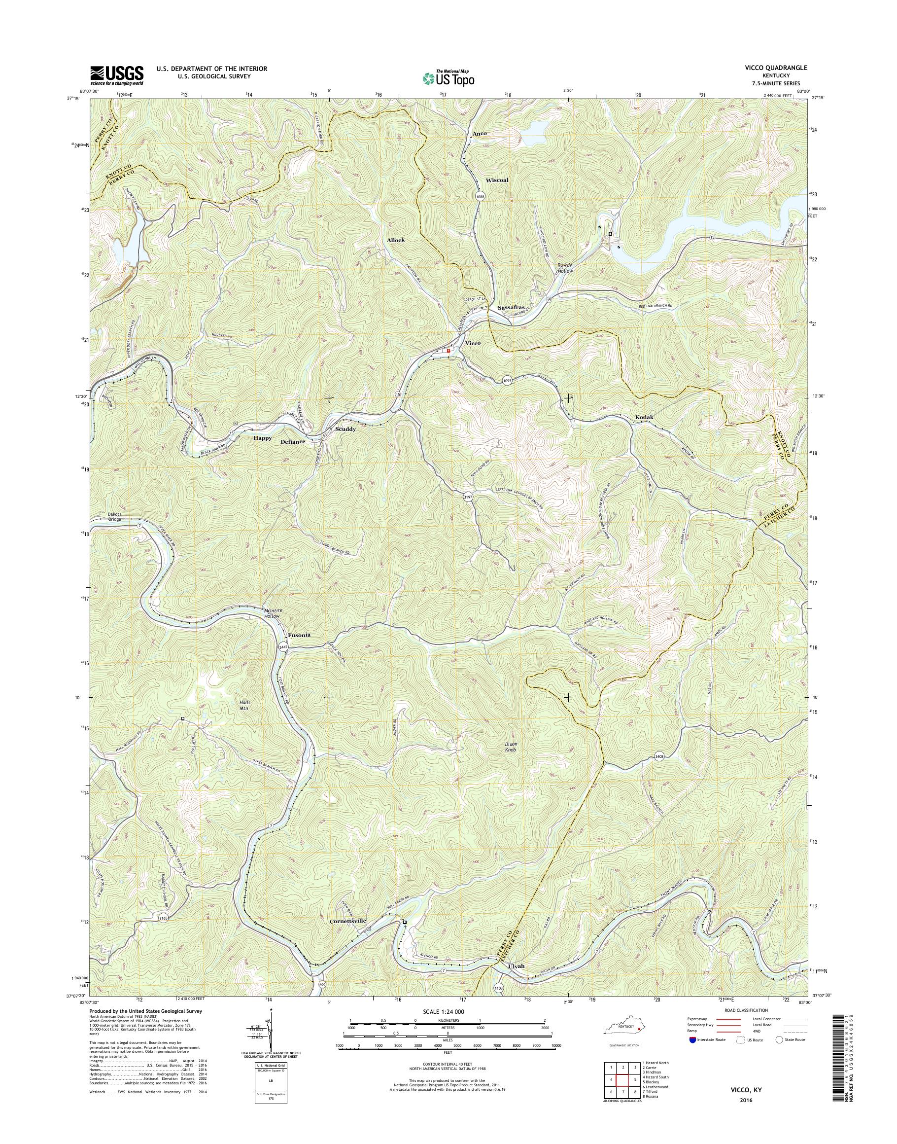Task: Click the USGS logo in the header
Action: (117, 75)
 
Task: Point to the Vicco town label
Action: (473, 343)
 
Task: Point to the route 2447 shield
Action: (283, 647)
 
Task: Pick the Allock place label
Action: (396, 240)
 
